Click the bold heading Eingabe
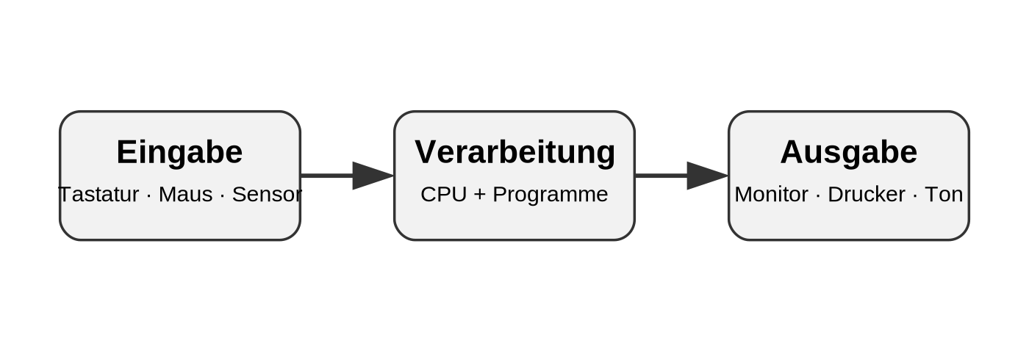point(179,153)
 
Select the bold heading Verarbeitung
point(514,153)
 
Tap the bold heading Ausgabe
point(848,153)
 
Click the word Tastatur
point(98,194)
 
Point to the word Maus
point(185,194)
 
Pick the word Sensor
point(267,194)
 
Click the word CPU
point(443,194)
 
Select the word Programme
point(551,195)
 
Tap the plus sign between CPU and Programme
point(479,195)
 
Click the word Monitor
point(771,194)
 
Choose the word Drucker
point(867,194)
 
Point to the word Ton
point(944,194)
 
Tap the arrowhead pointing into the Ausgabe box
point(707,176)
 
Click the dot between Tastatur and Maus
point(148,195)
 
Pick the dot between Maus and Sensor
point(222,195)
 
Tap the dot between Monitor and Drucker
point(818,195)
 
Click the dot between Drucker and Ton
point(915,195)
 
